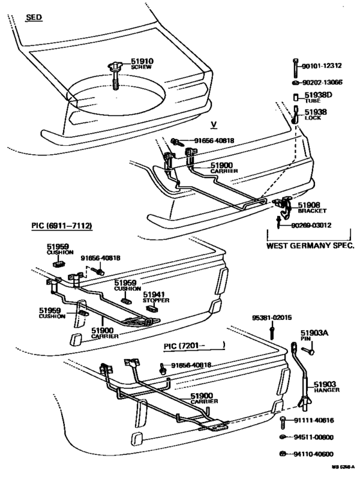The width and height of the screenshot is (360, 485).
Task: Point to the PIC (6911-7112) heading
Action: tap(62, 225)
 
